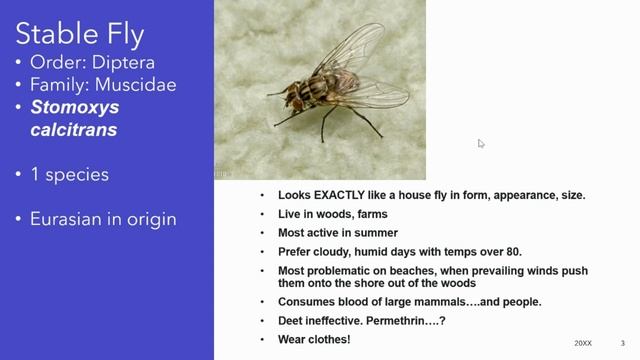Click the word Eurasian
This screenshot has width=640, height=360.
pyautogui.click(x=70, y=219)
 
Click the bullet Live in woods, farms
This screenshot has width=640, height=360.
pyautogui.click(x=333, y=214)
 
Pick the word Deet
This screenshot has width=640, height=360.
pyautogui.click(x=290, y=321)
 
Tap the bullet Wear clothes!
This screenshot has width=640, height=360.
pyautogui.click(x=314, y=340)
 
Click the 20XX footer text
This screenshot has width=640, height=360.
pyautogui.click(x=582, y=343)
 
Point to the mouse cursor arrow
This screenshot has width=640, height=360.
pyautogui.click(x=481, y=144)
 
